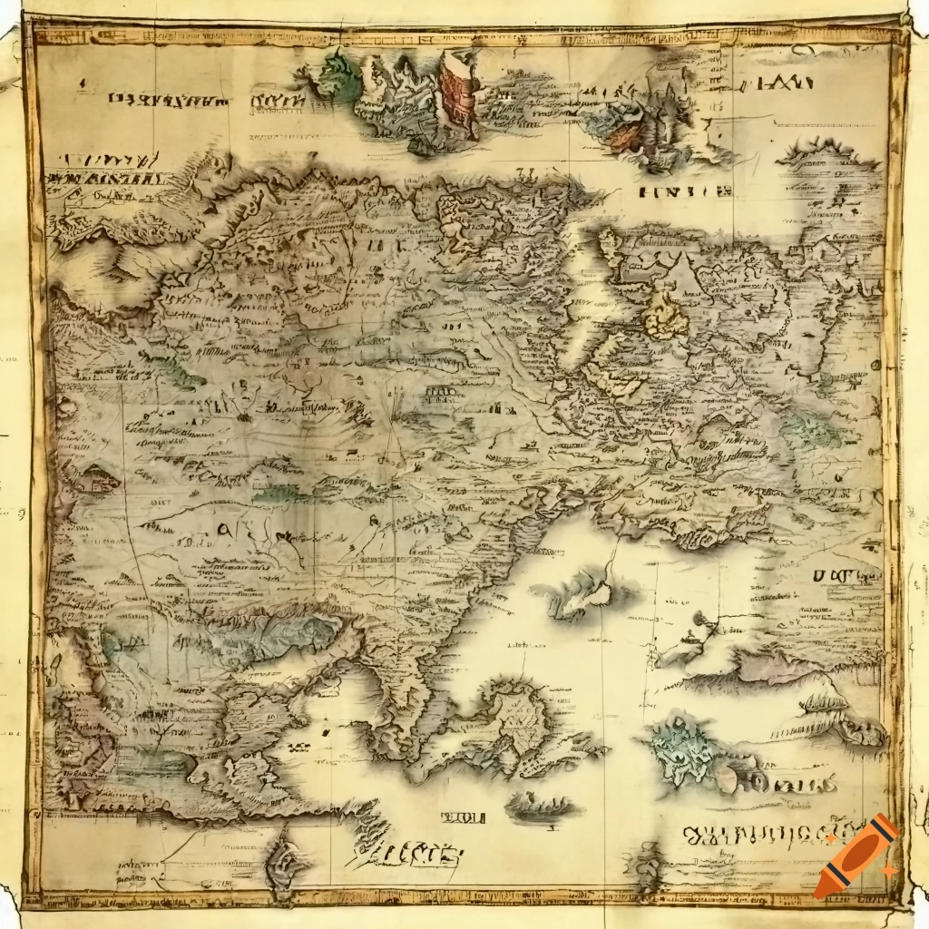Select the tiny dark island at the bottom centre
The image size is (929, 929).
540,805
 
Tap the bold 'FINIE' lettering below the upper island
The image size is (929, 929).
686,191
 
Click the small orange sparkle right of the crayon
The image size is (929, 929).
890,870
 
